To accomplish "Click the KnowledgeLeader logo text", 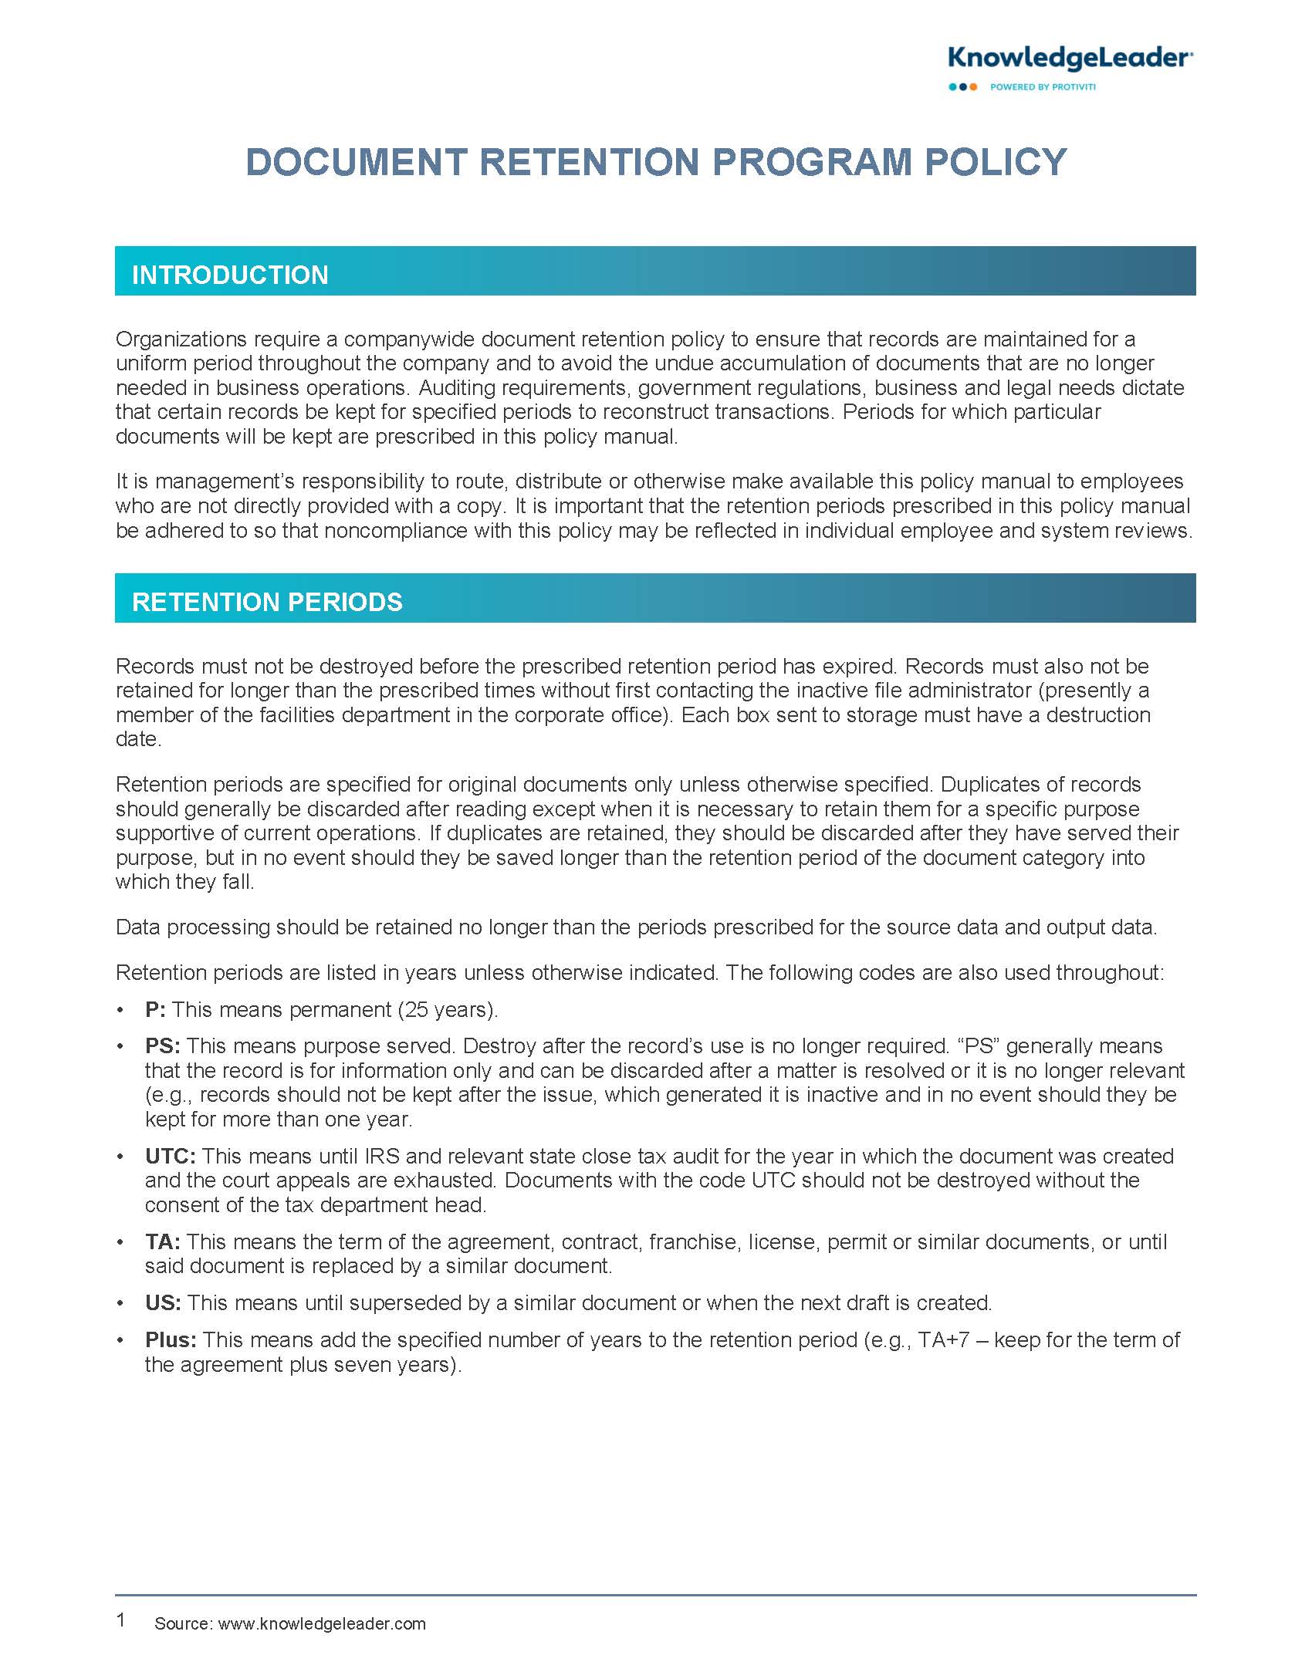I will [1070, 58].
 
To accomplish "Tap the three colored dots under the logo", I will [962, 87].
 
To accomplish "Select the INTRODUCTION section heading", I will [230, 275].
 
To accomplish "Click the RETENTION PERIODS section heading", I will [267, 602].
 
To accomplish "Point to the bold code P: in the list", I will [155, 1009].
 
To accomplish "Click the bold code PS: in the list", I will [162, 1045].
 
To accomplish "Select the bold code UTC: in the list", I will [170, 1156].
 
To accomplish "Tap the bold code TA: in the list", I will [162, 1241].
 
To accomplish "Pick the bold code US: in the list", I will [163, 1302].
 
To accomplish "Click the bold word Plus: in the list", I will [171, 1339].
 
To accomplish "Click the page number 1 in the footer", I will [120, 1620].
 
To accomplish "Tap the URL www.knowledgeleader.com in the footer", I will [322, 1623].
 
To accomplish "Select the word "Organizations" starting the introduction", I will [181, 339].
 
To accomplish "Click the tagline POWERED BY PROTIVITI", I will [1043, 87].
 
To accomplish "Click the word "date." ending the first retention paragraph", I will [138, 739].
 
